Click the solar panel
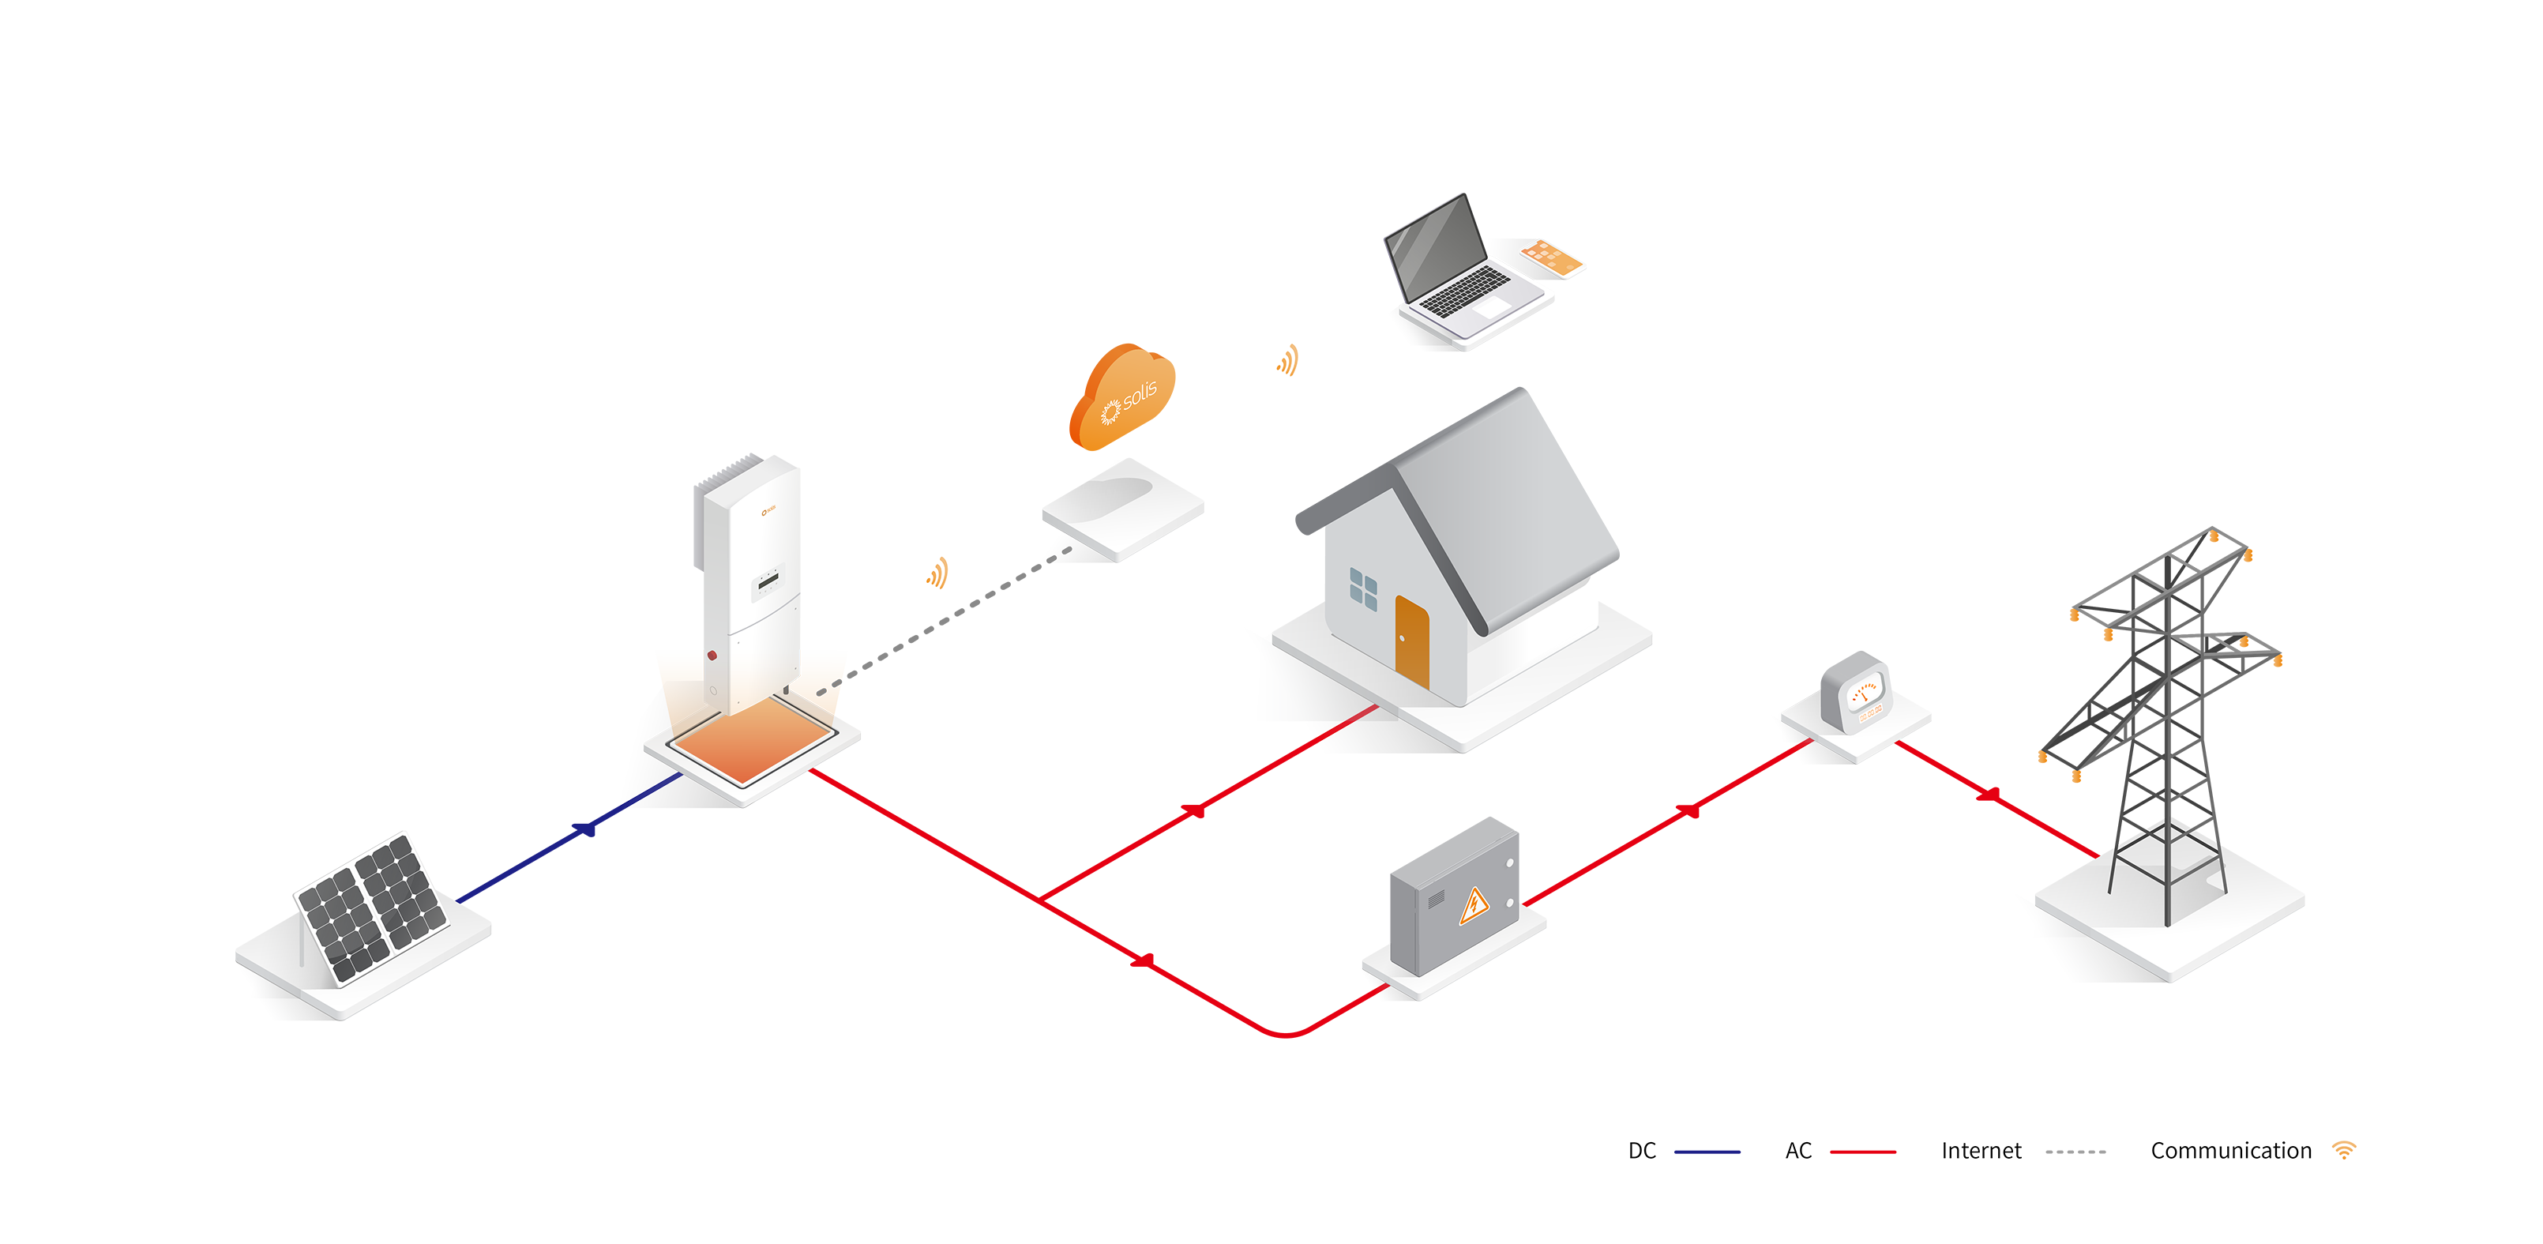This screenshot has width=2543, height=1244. [x=372, y=909]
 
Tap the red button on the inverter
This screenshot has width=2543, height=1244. [x=712, y=656]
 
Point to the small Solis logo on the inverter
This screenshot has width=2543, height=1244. [x=769, y=510]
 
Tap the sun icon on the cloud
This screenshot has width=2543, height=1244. [x=1110, y=411]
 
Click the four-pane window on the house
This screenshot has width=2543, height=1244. [x=1363, y=589]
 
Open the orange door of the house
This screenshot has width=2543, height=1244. [x=1413, y=641]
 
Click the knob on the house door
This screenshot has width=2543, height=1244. [x=1402, y=639]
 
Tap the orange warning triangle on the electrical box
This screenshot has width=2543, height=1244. [x=1473, y=904]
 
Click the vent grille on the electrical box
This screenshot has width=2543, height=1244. [x=1436, y=900]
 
